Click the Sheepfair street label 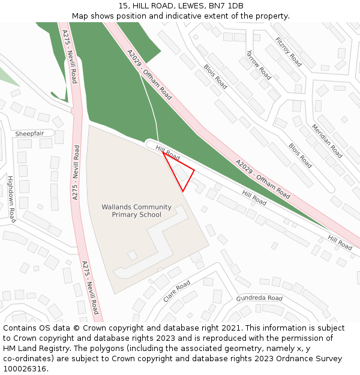(29, 133)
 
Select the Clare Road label (176, 291)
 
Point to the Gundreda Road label (259, 298)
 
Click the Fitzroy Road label (289, 51)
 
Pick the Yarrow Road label (259, 65)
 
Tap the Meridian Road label (327, 141)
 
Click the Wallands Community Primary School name (136, 211)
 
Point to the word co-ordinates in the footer (27, 359)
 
